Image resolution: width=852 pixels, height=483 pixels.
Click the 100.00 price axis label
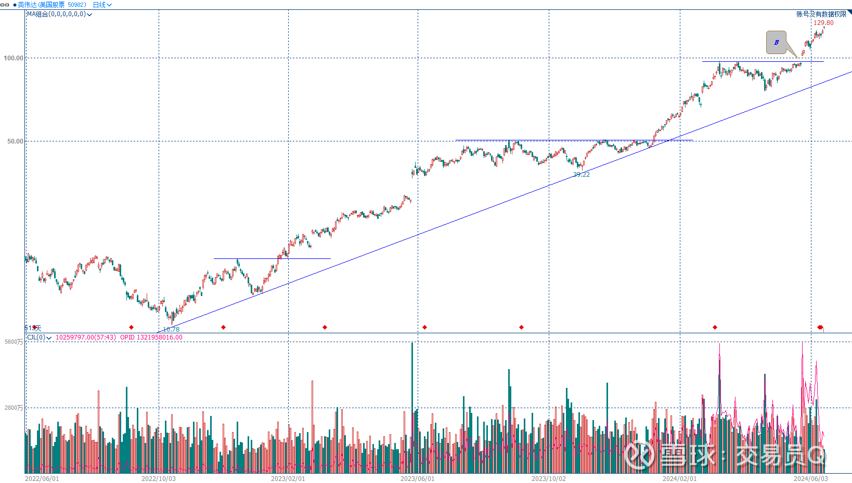coord(14,58)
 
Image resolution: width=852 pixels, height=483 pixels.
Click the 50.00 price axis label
coord(15,141)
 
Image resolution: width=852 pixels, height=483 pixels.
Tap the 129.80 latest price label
coord(823,23)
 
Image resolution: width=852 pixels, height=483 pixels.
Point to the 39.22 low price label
coord(582,175)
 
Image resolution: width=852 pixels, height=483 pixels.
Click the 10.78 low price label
coord(171,329)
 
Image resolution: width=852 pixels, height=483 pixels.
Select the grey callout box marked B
coord(777,43)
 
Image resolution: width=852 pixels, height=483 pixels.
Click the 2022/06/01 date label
coord(42,478)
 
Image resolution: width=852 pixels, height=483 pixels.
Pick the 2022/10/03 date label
coord(159,478)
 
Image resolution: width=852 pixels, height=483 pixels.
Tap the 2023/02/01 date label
coord(288,478)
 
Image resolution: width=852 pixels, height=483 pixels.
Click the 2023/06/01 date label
coord(417,478)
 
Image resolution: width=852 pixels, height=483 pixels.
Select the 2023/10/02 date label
coord(549,478)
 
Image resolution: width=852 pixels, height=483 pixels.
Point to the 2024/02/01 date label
coord(679,478)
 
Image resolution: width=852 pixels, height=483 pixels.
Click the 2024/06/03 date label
coord(810,478)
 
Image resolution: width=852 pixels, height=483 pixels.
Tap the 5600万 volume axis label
coord(14,342)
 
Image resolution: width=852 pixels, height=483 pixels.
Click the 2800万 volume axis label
coord(14,408)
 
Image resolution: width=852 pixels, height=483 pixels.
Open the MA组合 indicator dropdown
coord(59,15)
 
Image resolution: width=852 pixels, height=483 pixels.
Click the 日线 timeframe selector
coord(102,5)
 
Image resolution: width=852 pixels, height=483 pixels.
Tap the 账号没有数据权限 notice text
coord(821,14)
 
